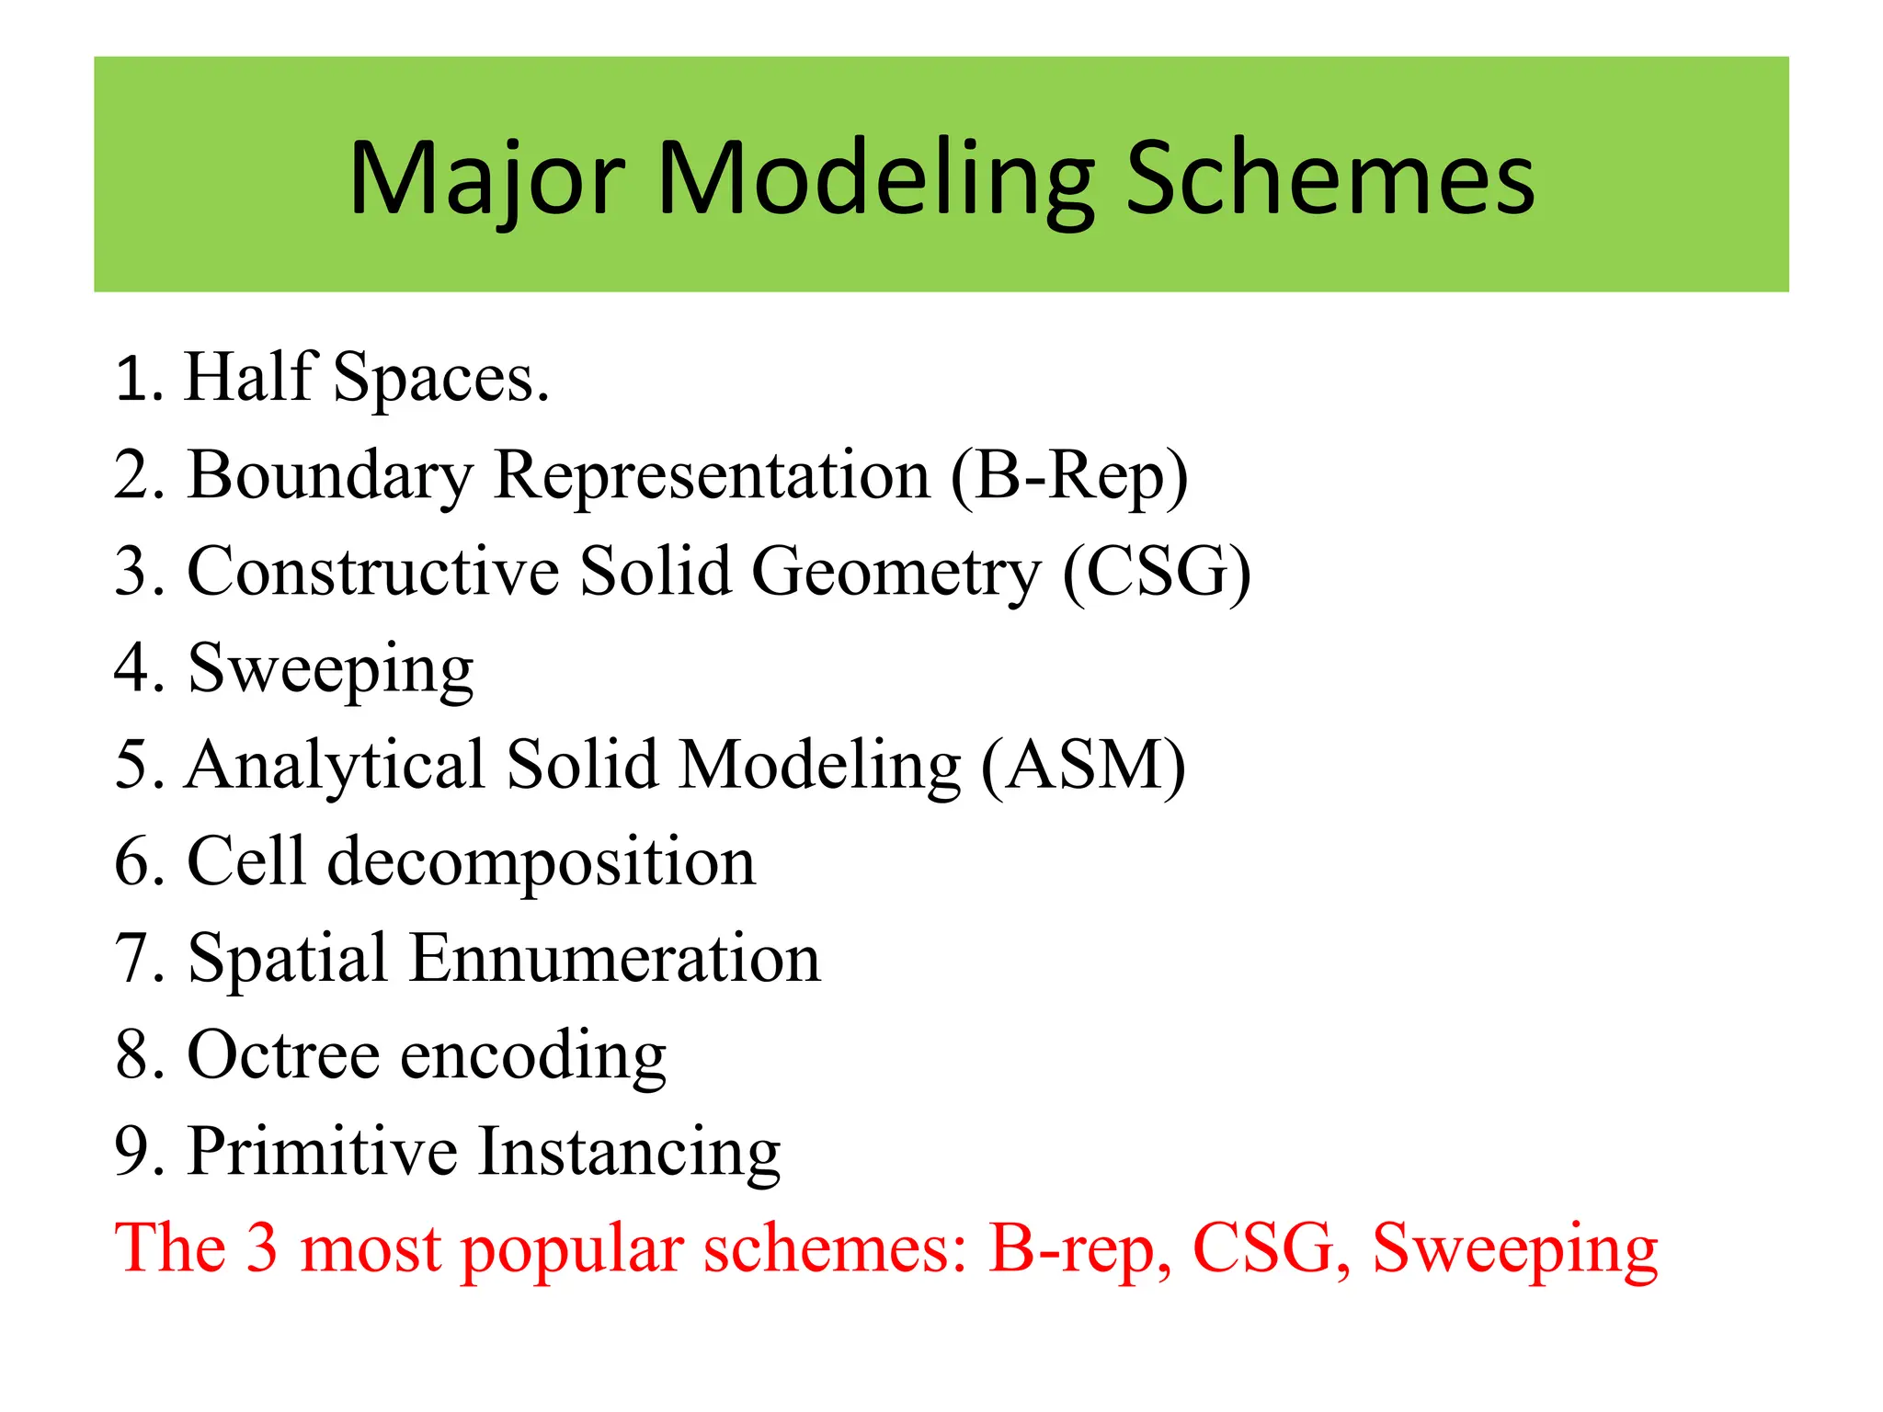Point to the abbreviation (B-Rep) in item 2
1069,476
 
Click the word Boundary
330,476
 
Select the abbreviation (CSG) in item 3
1157,573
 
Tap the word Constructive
372,573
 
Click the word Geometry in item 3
896,573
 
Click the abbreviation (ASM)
1083,766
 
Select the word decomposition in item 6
542,862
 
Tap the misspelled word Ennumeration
614,959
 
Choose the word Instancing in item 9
630,1152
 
